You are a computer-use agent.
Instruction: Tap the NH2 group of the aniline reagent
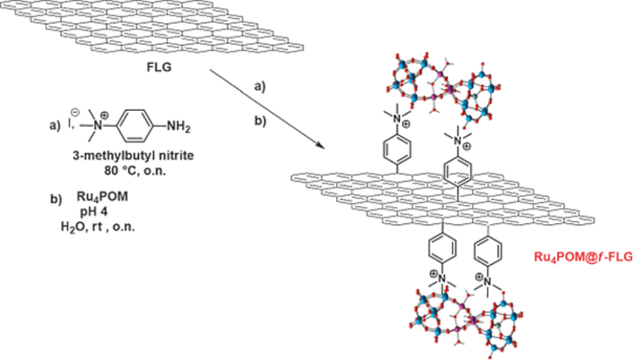[174, 127]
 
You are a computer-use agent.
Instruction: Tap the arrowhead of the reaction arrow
[321, 145]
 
